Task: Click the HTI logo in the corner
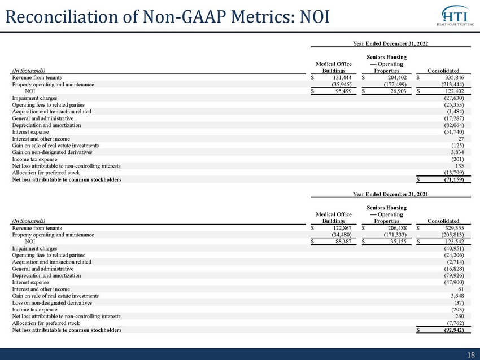456,16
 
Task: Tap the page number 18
471,355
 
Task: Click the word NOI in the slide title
315,16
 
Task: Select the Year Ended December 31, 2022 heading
390,43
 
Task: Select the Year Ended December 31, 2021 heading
390,194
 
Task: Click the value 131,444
342,77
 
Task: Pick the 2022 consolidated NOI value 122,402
455,91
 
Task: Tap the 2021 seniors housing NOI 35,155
398,242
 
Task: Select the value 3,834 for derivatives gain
457,152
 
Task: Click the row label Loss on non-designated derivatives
52,303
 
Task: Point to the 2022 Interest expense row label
30,132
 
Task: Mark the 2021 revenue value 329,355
455,228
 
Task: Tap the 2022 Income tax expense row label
34,159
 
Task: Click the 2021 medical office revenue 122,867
342,228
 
